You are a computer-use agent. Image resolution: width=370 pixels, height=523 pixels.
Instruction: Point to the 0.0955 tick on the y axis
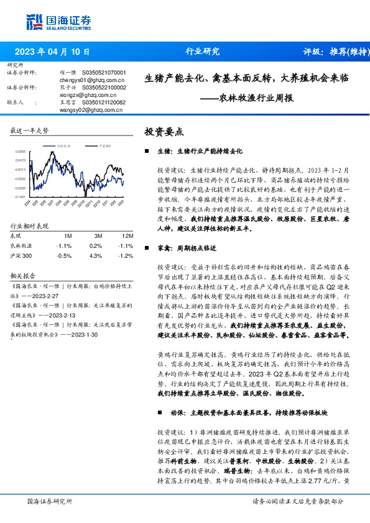coord(21,151)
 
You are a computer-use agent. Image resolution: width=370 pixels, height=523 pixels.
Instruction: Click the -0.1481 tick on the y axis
coord(21,196)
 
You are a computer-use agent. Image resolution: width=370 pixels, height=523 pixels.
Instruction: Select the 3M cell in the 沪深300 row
coord(95,255)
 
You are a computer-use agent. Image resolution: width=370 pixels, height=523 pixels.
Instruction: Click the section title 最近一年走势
coord(30,130)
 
